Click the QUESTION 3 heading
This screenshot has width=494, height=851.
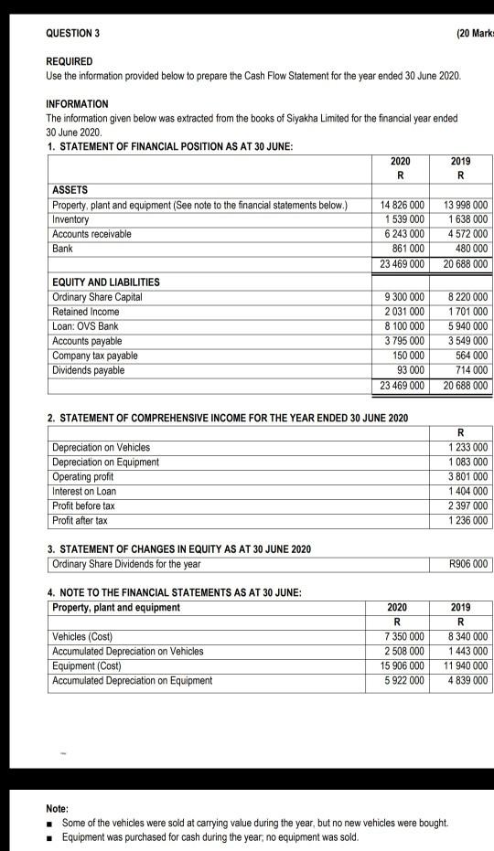(x=73, y=34)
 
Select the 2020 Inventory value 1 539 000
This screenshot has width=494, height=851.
(x=403, y=219)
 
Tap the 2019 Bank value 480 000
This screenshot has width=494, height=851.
(x=469, y=249)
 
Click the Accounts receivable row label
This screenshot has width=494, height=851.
(x=91, y=234)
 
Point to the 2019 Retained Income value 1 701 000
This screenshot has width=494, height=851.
(x=467, y=312)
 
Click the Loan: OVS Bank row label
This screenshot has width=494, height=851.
(x=86, y=326)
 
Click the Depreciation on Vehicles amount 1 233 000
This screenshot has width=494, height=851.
(x=467, y=447)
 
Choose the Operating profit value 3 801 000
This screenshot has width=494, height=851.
(x=467, y=476)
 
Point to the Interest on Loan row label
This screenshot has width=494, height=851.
(x=84, y=491)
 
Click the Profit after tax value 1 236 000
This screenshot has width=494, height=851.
(x=467, y=520)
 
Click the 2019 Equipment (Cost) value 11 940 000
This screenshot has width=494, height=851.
(x=466, y=665)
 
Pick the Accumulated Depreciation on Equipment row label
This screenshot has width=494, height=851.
(x=132, y=680)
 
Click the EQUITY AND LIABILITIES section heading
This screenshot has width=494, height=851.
(x=105, y=282)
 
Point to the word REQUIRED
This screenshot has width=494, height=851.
(x=69, y=61)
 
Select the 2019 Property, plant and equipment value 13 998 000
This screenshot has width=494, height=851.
(x=466, y=205)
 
